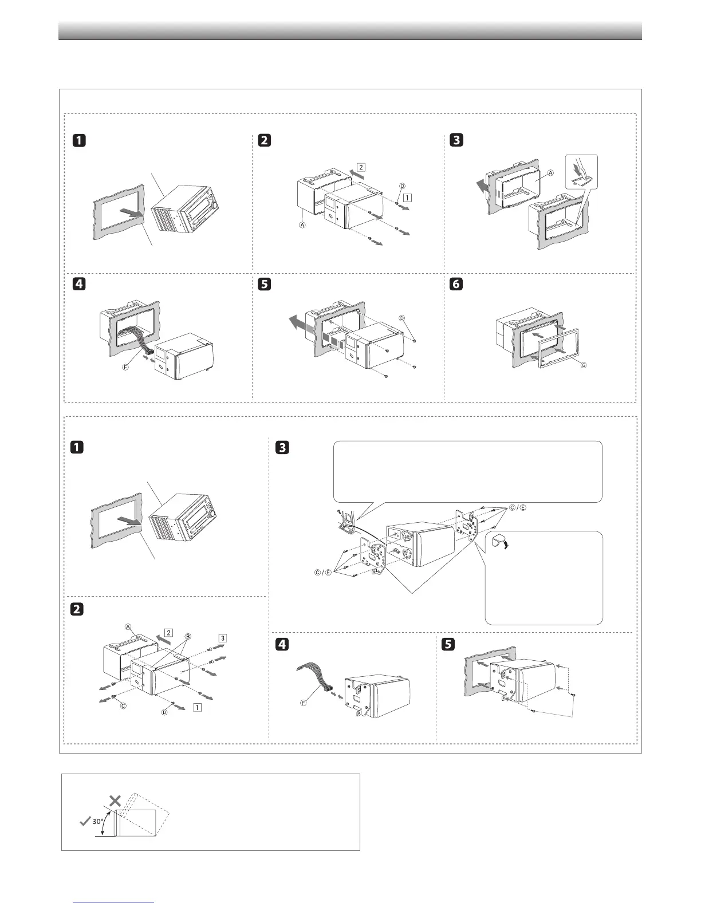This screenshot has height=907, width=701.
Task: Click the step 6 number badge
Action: [x=456, y=285]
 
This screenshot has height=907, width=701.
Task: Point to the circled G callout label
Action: [x=584, y=365]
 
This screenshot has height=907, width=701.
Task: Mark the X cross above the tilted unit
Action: [x=115, y=800]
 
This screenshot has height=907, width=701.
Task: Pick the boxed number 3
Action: [x=223, y=638]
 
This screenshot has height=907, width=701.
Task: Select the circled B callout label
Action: [x=187, y=637]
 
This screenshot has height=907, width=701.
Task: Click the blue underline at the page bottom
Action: [x=114, y=902]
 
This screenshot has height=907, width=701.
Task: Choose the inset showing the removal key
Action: [x=581, y=172]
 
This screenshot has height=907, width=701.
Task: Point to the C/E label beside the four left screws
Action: [x=324, y=573]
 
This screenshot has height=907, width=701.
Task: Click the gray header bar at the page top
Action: [x=350, y=30]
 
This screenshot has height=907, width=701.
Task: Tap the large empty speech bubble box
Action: [x=467, y=471]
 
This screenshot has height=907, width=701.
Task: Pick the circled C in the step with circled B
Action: [x=123, y=706]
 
